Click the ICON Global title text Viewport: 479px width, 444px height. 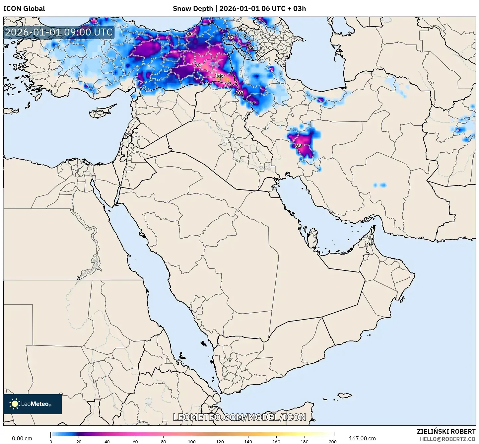24,9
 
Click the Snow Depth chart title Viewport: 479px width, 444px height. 239,9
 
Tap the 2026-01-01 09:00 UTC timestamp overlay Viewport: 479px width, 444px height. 59,32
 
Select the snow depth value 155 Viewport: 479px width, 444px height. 219,76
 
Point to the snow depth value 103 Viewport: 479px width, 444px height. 239,93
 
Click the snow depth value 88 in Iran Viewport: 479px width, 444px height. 299,146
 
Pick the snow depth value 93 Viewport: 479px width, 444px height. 189,34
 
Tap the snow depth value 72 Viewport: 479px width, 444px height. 231,37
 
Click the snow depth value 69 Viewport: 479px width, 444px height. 251,48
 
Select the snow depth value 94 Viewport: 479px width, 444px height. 198,65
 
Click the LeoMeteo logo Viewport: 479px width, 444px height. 32,404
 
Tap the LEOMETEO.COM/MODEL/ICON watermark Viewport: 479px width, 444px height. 239,417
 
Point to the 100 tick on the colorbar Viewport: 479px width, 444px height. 192,441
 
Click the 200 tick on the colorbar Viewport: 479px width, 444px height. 333,441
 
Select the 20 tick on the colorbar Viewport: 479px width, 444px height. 79,441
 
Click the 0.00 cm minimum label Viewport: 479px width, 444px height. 22,438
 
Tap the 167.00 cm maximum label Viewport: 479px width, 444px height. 362,438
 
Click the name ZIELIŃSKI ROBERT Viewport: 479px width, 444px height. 446,431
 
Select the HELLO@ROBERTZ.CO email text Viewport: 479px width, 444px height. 447,439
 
